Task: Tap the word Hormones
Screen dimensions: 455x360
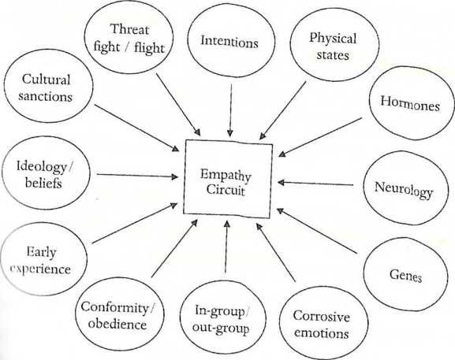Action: pyautogui.click(x=410, y=103)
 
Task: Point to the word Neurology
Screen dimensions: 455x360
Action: pyautogui.click(x=404, y=190)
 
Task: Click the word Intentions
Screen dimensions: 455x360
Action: pyautogui.click(x=229, y=42)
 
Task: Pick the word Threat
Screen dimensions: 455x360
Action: pyautogui.click(x=129, y=29)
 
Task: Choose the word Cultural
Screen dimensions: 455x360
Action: pyautogui.click(x=46, y=79)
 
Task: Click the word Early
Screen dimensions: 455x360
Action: pyautogui.click(x=41, y=251)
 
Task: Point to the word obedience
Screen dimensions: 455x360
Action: pyautogui.click(x=117, y=324)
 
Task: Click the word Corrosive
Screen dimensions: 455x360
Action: pyautogui.click(x=321, y=316)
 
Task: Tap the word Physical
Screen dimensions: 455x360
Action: pyautogui.click(x=333, y=39)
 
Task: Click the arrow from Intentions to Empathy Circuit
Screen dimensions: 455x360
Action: pyautogui.click(x=230, y=110)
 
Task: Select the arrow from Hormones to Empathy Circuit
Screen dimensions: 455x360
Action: pyautogui.click(x=320, y=137)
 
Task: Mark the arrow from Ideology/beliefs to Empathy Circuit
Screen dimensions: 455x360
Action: pyautogui.click(x=137, y=176)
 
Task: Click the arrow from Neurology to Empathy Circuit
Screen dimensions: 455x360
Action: pyautogui.click(x=315, y=184)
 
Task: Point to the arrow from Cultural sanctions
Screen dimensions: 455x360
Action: pyautogui.click(x=136, y=128)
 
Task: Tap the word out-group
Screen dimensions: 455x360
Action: pyautogui.click(x=221, y=328)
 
